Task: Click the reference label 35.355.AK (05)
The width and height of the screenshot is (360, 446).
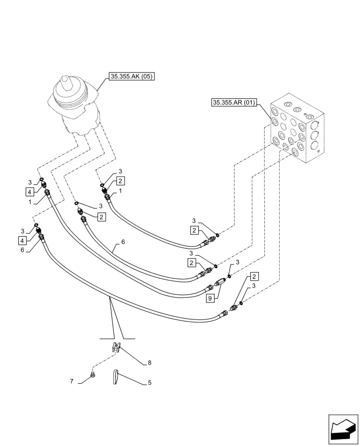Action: click(x=131, y=76)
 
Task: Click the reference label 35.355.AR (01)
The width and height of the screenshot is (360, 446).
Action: click(x=234, y=103)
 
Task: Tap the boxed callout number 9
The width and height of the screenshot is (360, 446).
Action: click(x=209, y=298)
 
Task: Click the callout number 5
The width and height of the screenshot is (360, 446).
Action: click(x=150, y=382)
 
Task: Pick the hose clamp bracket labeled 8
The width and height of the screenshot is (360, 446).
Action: click(x=115, y=347)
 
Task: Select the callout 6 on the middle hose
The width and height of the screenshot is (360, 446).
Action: click(x=123, y=243)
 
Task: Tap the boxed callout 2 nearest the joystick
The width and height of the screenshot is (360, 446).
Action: click(x=120, y=181)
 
